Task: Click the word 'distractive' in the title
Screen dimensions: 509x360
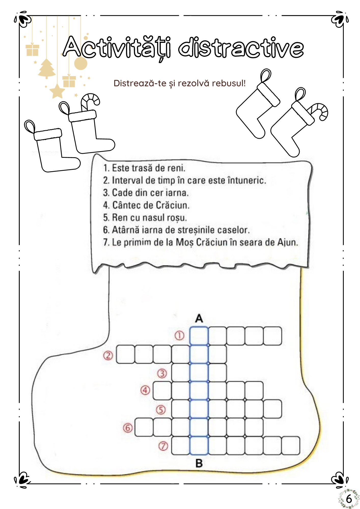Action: pyautogui.click(x=241, y=48)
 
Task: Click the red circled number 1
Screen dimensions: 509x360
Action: pyautogui.click(x=179, y=335)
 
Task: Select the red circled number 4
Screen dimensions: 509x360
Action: pyautogui.click(x=145, y=390)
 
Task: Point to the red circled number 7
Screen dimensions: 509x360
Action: pyautogui.click(x=163, y=446)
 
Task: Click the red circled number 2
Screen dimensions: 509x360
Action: pyautogui.click(x=108, y=355)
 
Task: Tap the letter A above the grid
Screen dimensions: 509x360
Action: pyautogui.click(x=199, y=318)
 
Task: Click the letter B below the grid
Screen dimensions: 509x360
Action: pyautogui.click(x=199, y=463)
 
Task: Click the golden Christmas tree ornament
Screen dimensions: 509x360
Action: pyautogui.click(x=47, y=68)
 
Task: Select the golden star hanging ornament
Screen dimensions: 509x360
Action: pyautogui.click(x=57, y=91)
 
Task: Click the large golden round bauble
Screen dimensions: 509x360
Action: pyautogui.click(x=80, y=63)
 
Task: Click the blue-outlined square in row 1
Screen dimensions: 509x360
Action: pyautogui.click(x=199, y=336)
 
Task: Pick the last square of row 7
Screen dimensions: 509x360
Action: pyautogui.click(x=291, y=446)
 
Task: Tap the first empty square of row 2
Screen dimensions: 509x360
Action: pyautogui.click(x=126, y=354)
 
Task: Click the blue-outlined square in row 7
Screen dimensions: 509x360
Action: pyautogui.click(x=199, y=446)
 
